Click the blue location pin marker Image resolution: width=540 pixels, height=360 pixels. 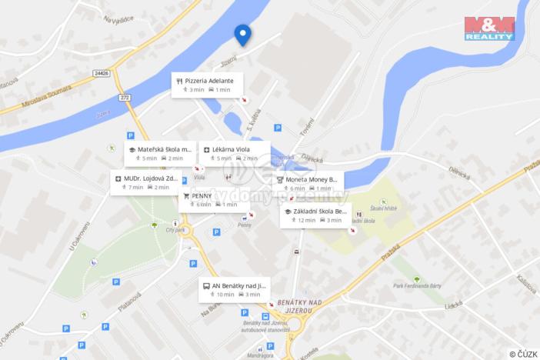242,34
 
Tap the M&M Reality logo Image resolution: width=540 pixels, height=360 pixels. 489,28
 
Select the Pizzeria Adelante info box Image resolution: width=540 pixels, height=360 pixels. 207,85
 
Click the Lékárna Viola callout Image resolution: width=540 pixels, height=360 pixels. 235,153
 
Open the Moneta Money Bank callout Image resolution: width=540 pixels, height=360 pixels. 308,183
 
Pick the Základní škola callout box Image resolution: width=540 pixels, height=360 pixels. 315,215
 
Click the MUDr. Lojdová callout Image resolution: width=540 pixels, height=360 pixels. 145,182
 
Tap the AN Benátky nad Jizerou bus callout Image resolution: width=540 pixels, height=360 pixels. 235,289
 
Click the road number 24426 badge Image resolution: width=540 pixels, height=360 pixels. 101,73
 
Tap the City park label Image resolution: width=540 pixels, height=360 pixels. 175,229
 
